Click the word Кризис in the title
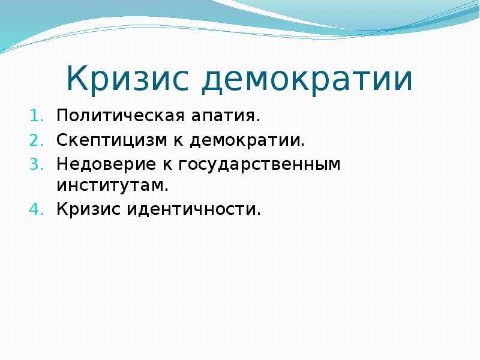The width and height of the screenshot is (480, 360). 127,79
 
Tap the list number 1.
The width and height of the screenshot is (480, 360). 37,116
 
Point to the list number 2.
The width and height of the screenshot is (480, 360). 37,140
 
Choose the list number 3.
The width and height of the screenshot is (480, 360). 37,164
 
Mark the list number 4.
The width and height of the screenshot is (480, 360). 37,209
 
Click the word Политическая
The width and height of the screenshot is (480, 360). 121,116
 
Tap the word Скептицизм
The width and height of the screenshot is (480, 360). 112,141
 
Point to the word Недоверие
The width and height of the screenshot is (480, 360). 106,165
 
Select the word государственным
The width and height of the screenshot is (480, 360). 259,166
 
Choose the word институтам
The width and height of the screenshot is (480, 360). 110,185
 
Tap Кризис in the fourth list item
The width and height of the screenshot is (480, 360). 88,209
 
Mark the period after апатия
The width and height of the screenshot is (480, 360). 258,121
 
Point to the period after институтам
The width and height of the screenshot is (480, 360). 166,190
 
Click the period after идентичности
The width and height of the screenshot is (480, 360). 258,214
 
